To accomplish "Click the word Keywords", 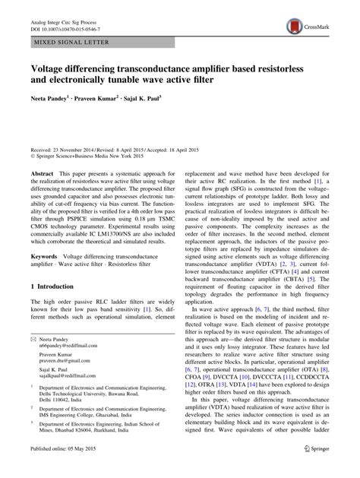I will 45,257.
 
